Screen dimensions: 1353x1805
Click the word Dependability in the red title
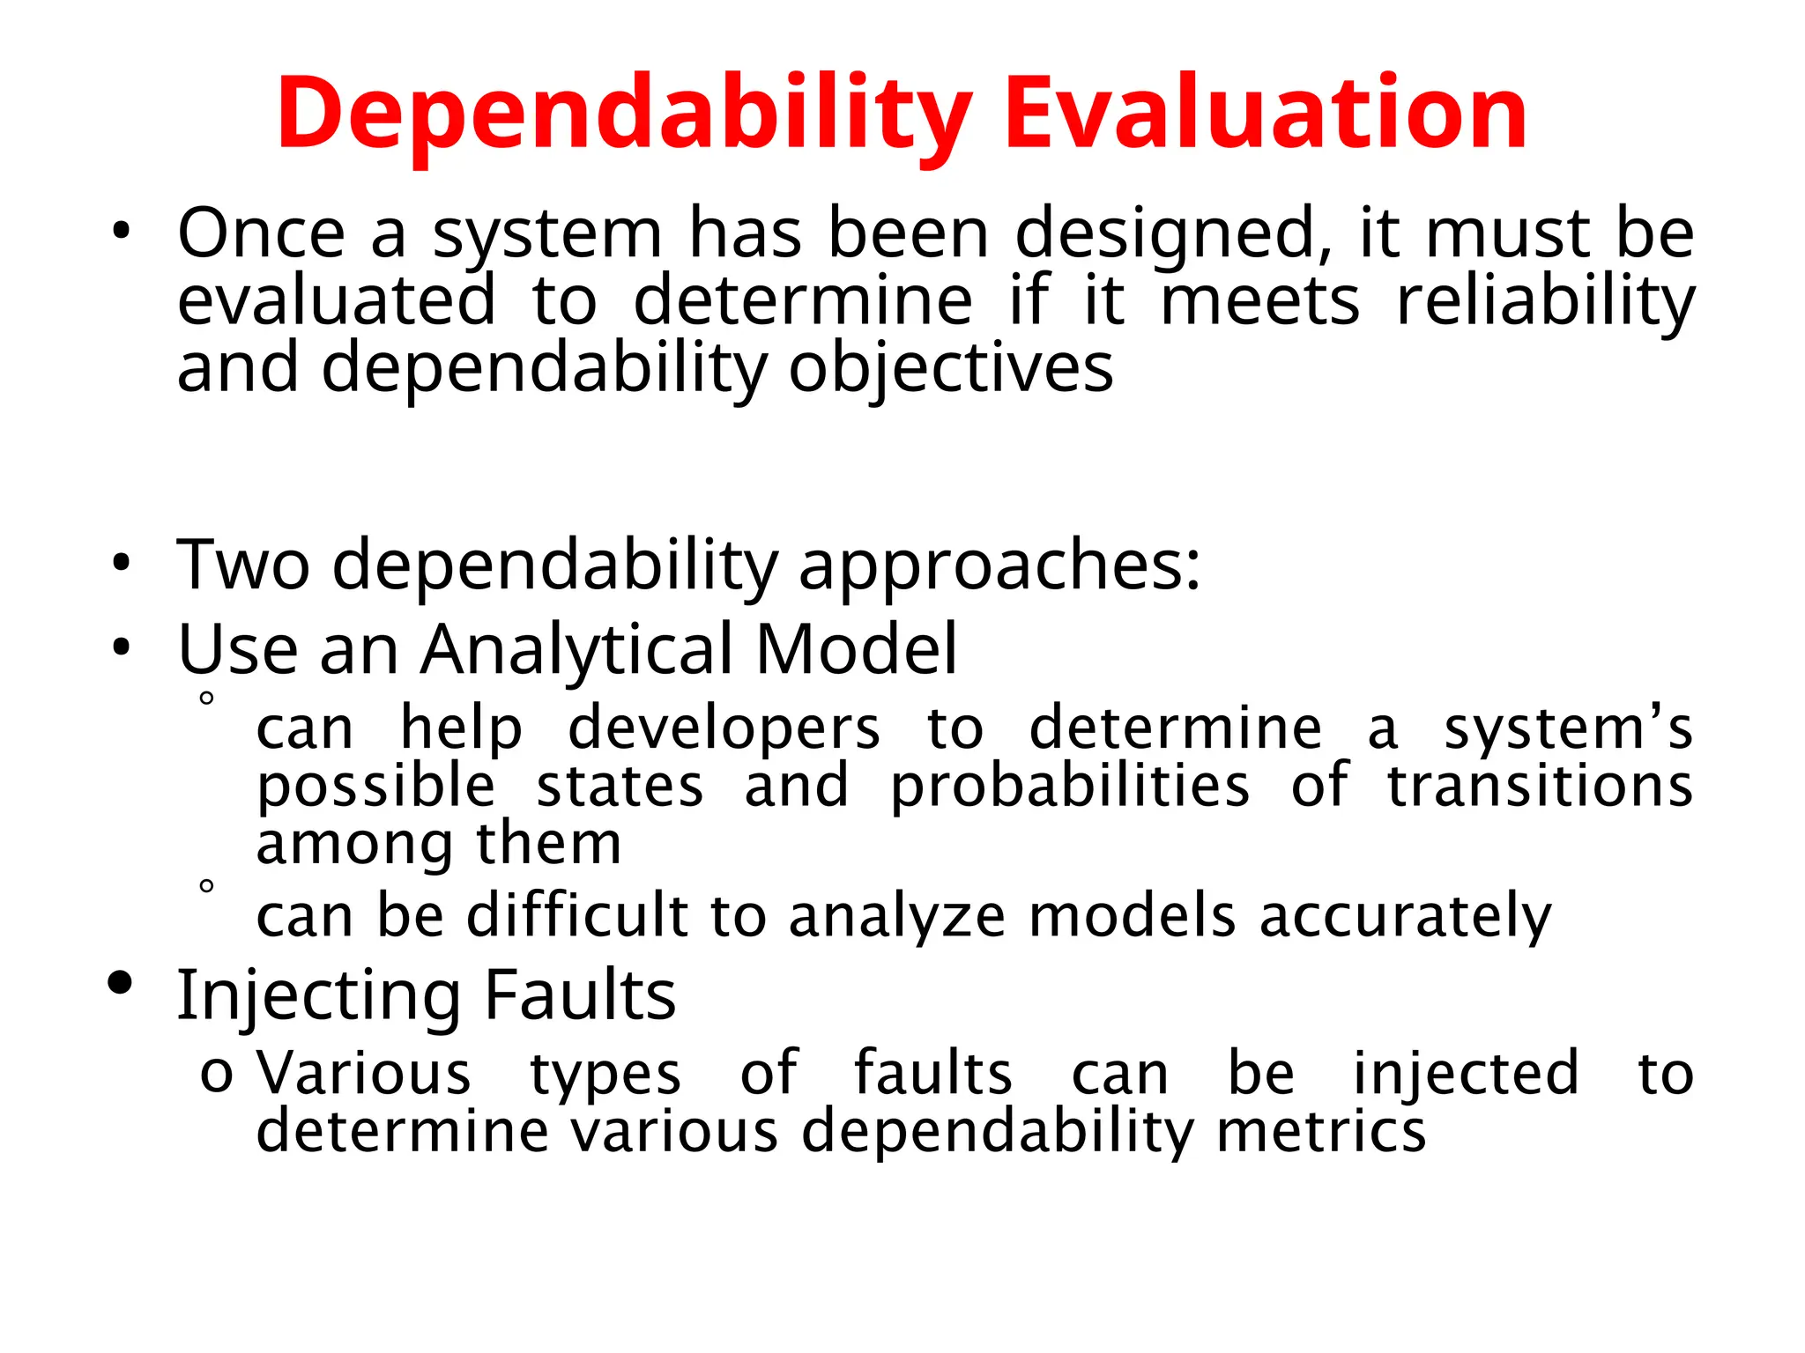coord(624,115)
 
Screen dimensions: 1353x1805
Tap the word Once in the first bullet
coord(261,233)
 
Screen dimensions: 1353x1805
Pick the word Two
coord(243,565)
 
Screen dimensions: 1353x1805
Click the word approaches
coord(999,566)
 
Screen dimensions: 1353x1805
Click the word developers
coord(724,730)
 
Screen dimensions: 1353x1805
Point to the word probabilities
coord(1069,786)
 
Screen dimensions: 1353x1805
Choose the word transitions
coord(1540,786)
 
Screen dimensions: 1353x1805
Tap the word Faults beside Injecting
coord(580,994)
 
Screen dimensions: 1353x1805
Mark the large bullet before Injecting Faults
coord(120,983)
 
